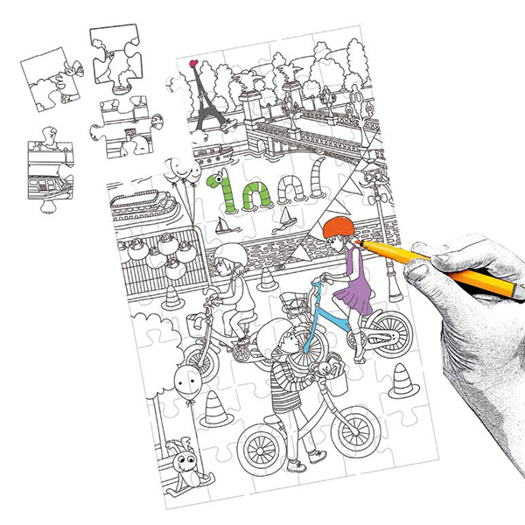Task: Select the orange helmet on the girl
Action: pyautogui.click(x=340, y=233)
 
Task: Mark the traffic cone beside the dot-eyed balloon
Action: pyautogui.click(x=214, y=409)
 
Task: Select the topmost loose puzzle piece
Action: pyautogui.click(x=118, y=57)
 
